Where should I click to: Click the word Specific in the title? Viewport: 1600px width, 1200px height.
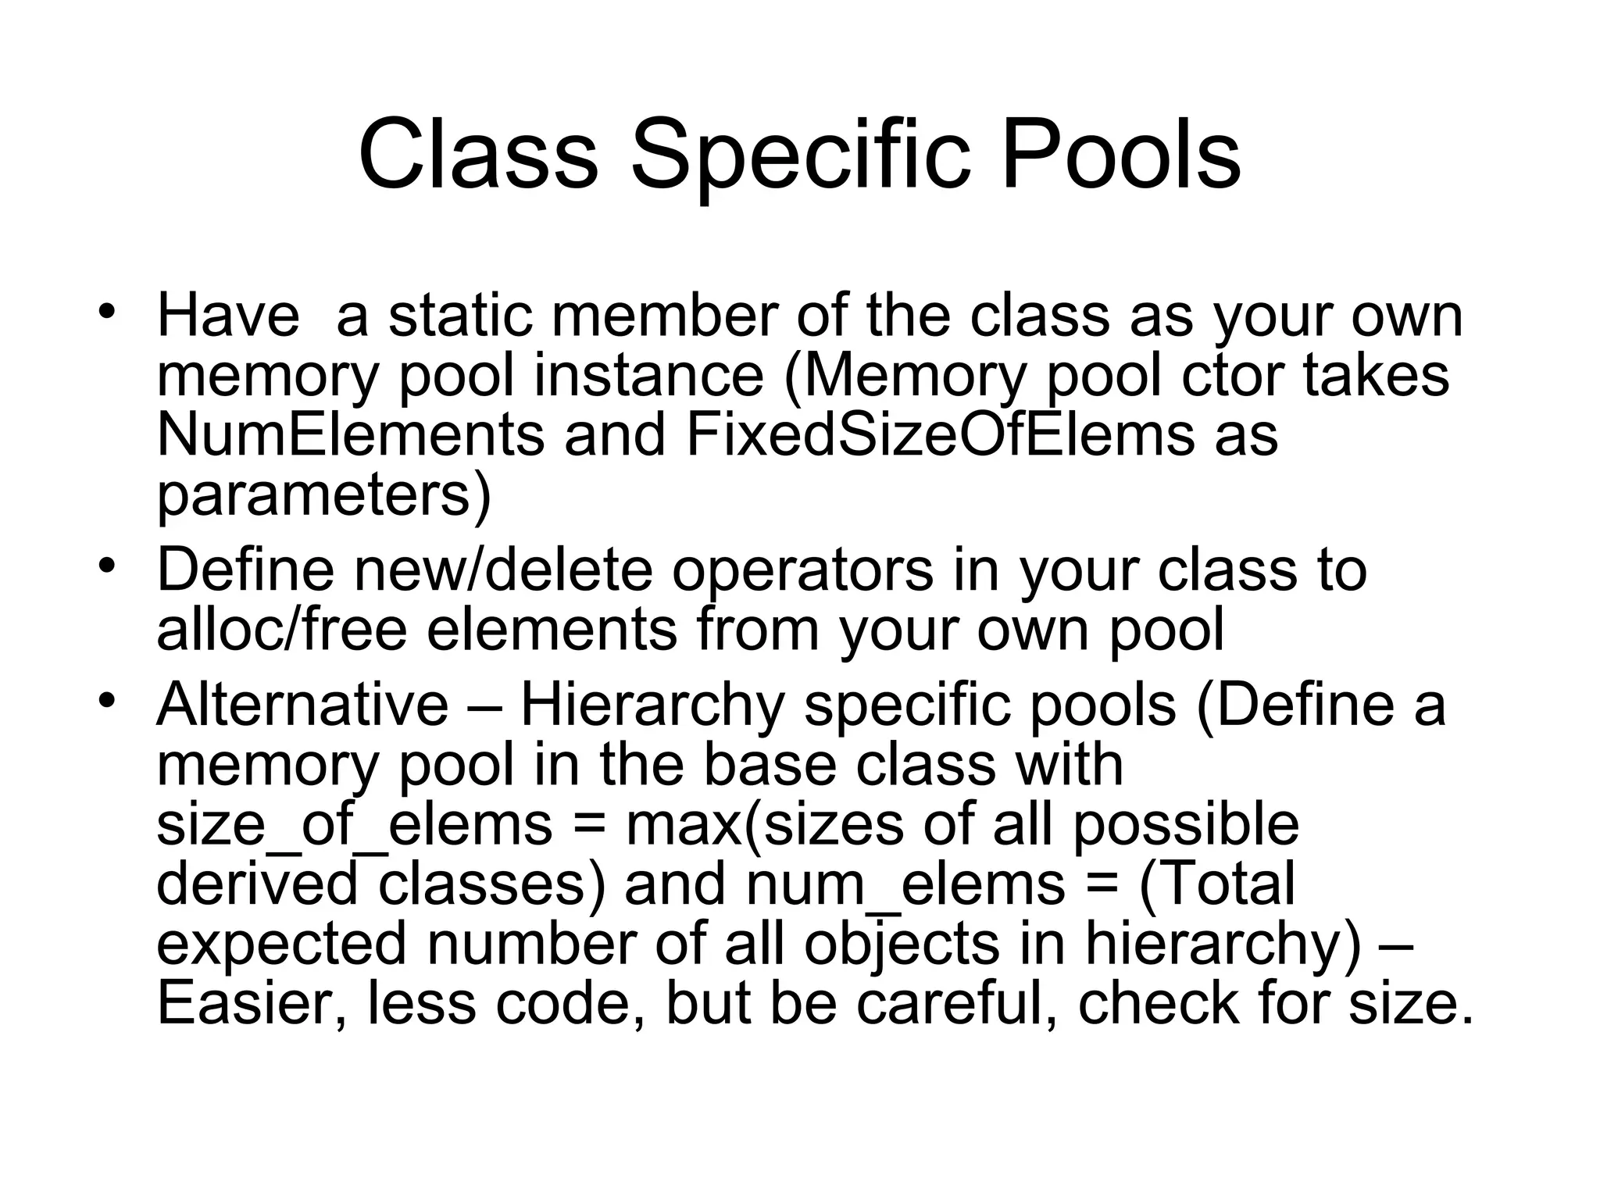tap(800, 156)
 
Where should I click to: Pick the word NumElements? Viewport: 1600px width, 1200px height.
tap(350, 435)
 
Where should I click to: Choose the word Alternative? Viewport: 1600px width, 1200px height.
tap(302, 705)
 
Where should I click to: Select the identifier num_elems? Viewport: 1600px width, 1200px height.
tap(905, 886)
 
